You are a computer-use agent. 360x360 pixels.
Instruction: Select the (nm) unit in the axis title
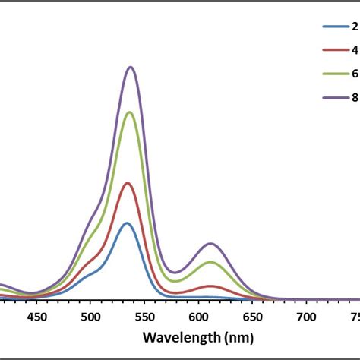pyautogui.click(x=238, y=337)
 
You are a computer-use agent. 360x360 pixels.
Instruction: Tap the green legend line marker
pyautogui.click(x=333, y=74)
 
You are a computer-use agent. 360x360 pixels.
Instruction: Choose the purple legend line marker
pyautogui.click(x=333, y=98)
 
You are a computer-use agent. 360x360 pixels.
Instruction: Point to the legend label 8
pyautogui.click(x=355, y=98)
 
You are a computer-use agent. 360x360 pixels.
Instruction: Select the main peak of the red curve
pyautogui.click(x=128, y=183)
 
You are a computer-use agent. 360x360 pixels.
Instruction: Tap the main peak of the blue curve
pyautogui.click(x=126, y=223)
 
